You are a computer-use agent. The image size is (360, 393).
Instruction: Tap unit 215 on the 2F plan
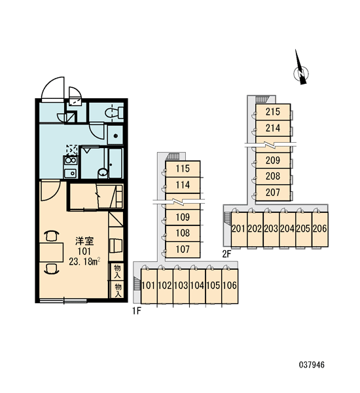tap(273, 112)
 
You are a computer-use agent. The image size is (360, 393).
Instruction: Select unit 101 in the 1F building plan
tap(149, 286)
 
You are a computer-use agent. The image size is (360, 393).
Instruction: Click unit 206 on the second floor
tap(320, 229)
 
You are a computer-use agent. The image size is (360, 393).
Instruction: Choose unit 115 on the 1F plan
tap(183, 169)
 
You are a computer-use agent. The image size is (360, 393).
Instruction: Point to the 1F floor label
tap(137, 311)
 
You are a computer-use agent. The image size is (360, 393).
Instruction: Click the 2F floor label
tap(226, 254)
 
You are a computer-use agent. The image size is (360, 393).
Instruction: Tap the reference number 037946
tap(312, 365)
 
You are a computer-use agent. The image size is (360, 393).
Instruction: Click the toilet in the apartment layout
tap(114, 113)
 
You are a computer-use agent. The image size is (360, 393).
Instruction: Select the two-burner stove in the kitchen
tap(71, 160)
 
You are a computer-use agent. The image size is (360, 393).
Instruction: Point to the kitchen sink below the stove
tap(71, 173)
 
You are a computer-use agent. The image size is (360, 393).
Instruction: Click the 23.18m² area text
tap(84, 261)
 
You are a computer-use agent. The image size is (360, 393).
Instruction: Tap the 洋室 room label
tap(84, 241)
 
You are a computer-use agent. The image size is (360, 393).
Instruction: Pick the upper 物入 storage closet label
tap(117, 271)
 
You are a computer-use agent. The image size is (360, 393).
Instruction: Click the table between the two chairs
tap(51, 252)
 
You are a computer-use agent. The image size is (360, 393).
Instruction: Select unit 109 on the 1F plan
tap(183, 217)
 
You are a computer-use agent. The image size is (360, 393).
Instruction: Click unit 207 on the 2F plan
tap(273, 193)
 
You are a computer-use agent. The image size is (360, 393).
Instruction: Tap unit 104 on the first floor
tap(198, 286)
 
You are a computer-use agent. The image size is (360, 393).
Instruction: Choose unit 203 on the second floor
tap(272, 229)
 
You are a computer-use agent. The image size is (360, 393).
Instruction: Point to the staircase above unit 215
tap(262, 100)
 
